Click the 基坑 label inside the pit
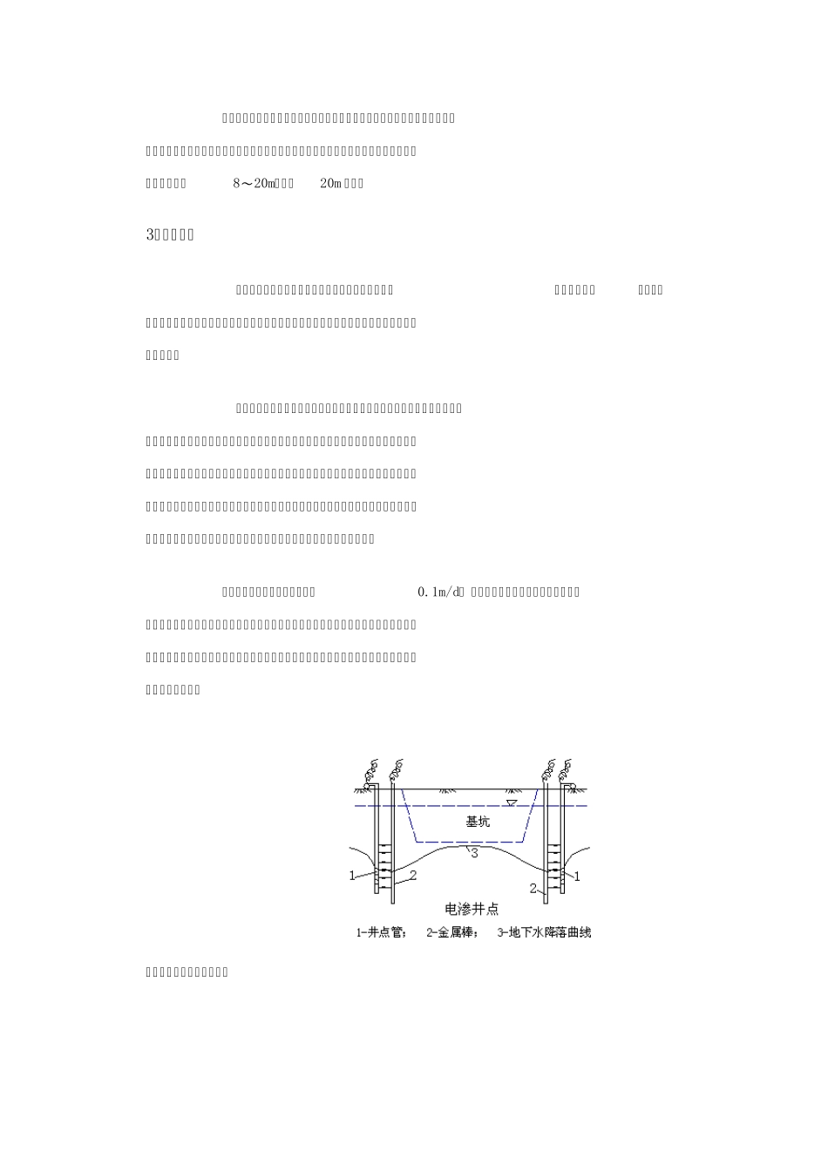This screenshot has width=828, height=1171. (478, 822)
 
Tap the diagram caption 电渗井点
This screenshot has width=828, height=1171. (472, 910)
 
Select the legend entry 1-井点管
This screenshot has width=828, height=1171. (381, 933)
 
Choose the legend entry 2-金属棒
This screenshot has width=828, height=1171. (452, 933)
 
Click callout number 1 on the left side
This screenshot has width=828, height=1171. (352, 876)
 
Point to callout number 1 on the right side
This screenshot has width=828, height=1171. (577, 876)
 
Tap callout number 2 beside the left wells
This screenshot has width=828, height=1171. (413, 874)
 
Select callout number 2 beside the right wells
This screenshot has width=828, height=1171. (533, 889)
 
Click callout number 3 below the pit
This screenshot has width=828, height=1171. (474, 854)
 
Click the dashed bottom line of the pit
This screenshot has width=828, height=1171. (469, 842)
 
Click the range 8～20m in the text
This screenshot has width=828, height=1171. (255, 184)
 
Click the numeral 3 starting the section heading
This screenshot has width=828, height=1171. (149, 235)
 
